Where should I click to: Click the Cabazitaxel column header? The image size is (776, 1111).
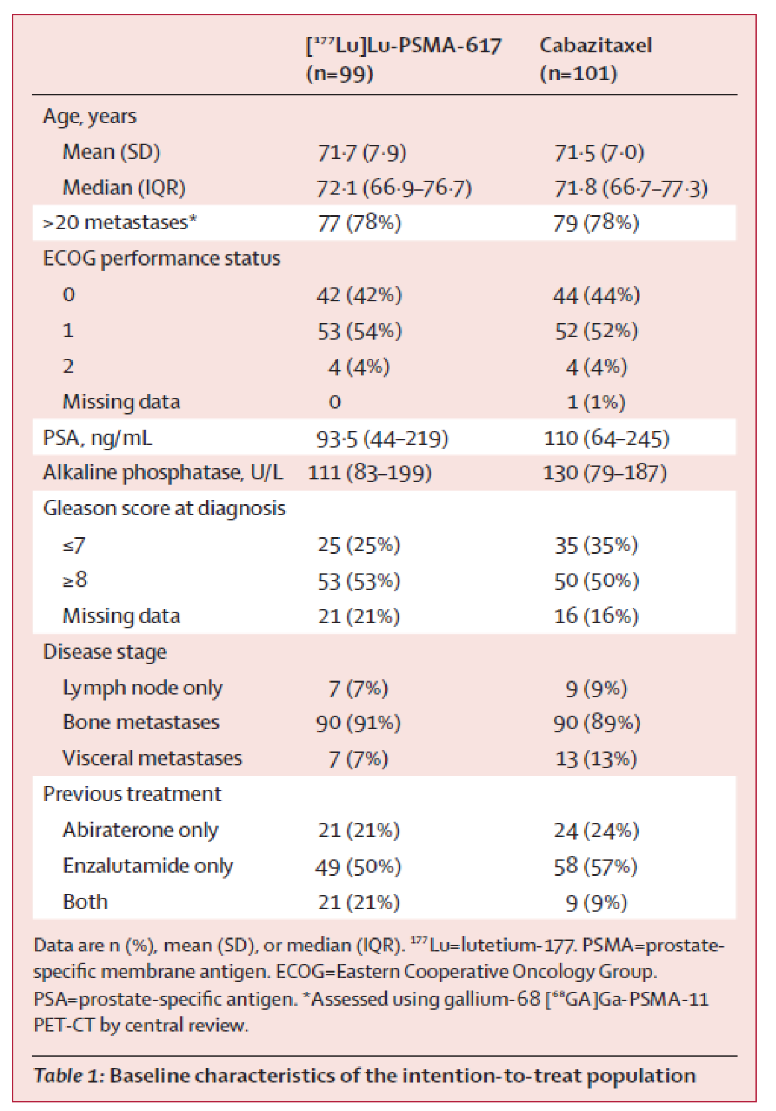[595, 59]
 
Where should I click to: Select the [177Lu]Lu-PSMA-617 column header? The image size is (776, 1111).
[403, 59]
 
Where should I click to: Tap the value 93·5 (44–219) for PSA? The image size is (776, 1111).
[382, 438]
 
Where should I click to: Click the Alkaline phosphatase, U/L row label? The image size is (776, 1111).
[162, 473]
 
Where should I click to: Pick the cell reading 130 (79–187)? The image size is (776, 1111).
[604, 473]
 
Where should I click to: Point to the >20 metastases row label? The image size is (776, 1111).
[119, 222]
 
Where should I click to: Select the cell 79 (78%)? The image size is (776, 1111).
[596, 222]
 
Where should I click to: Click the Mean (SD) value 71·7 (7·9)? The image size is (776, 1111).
[361, 152]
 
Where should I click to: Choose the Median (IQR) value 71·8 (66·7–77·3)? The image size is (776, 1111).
[631, 188]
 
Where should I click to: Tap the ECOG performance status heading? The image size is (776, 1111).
[161, 258]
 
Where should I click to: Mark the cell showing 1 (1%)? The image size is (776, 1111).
[596, 402]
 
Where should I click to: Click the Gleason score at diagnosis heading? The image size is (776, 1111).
[164, 508]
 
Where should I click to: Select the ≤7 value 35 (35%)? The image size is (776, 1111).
[596, 545]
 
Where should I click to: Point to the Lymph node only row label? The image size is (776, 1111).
[142, 688]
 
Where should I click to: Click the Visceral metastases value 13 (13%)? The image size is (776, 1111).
[596, 759]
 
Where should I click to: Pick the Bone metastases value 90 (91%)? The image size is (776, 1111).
[358, 722]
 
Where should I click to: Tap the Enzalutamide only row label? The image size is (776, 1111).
[148, 866]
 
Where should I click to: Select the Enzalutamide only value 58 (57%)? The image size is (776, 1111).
[596, 866]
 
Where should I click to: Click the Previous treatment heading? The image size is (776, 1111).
[132, 794]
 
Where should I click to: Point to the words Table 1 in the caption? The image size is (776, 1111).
[69, 1076]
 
